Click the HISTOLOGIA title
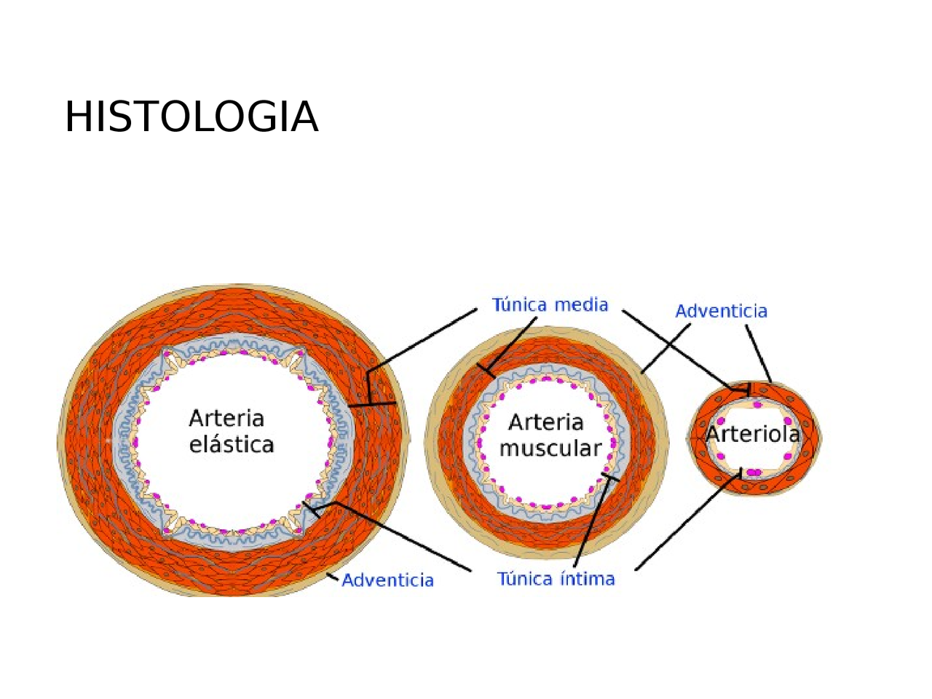(x=191, y=116)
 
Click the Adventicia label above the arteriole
(x=721, y=311)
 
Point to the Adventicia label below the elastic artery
(x=387, y=580)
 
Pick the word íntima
(x=588, y=579)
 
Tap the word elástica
(x=232, y=445)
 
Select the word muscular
(x=550, y=449)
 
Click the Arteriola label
(x=753, y=435)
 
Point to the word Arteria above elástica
(x=226, y=419)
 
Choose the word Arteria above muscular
(x=545, y=422)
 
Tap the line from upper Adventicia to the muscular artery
(x=666, y=348)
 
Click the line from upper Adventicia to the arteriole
(x=758, y=353)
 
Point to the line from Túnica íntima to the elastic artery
(x=408, y=539)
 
